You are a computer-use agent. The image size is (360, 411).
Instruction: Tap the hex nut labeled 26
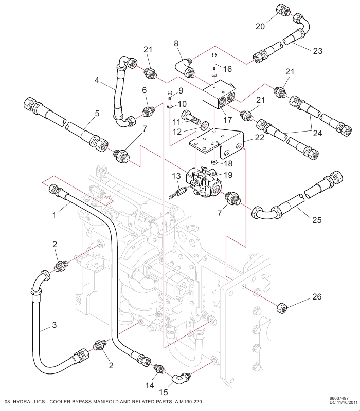[x=282, y=307]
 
